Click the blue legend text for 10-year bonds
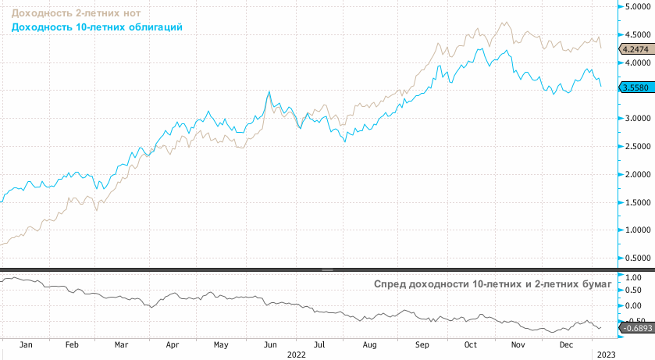(97, 27)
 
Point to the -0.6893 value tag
(634, 328)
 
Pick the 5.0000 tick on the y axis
(636, 7)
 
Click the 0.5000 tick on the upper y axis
(636, 258)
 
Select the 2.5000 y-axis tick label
(636, 146)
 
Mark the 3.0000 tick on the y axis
(636, 118)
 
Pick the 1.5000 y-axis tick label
(636, 202)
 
